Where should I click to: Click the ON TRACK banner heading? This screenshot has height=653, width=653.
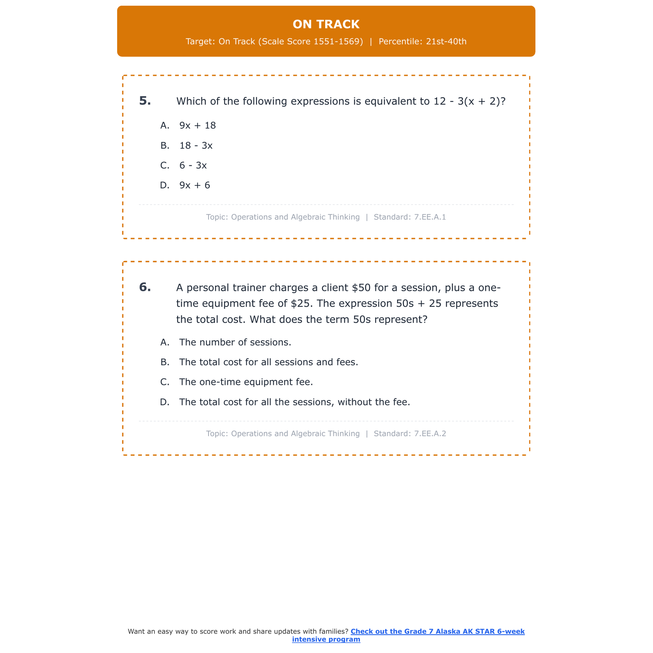point(326,24)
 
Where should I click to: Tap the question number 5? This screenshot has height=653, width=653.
point(145,101)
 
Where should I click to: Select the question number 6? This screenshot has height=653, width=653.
point(145,287)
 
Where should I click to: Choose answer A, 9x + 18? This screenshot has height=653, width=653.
point(197,126)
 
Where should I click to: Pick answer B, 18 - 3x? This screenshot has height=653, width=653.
point(196,146)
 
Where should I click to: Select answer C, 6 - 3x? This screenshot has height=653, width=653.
point(193,166)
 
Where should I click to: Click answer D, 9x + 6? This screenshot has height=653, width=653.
point(195,185)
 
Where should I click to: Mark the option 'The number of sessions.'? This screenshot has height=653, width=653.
point(235,343)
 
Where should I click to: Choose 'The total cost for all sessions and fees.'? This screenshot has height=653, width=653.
point(269,362)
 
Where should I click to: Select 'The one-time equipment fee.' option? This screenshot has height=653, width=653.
point(246,382)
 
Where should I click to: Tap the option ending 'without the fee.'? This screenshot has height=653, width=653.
point(295,402)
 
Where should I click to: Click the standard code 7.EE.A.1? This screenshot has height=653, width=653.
point(430,217)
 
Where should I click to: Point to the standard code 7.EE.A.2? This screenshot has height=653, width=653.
point(430,434)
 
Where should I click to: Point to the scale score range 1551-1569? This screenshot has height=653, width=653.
point(338,42)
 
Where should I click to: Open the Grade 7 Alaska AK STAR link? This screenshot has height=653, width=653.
point(437,632)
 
